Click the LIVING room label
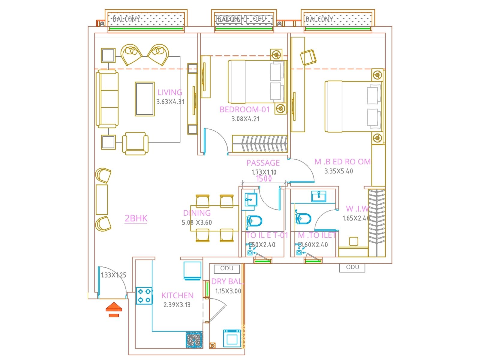tap(170, 92)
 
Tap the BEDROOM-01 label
tap(244, 109)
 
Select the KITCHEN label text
tap(177, 295)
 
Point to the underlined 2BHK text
tap(136, 218)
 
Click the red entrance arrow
tap(114, 307)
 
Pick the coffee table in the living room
tap(145, 99)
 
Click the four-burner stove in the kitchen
tap(144, 295)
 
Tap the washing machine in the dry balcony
tap(232, 338)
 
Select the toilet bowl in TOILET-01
tap(254, 221)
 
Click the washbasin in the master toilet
tap(319, 196)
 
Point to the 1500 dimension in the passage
tap(264, 179)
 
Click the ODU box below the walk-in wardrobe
tap(352, 267)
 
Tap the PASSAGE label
tap(263, 163)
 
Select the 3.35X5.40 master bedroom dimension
tap(339, 171)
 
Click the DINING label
tap(197, 213)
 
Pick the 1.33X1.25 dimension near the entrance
tap(113, 275)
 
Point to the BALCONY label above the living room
tap(126, 19)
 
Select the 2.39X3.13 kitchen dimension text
tap(177, 305)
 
